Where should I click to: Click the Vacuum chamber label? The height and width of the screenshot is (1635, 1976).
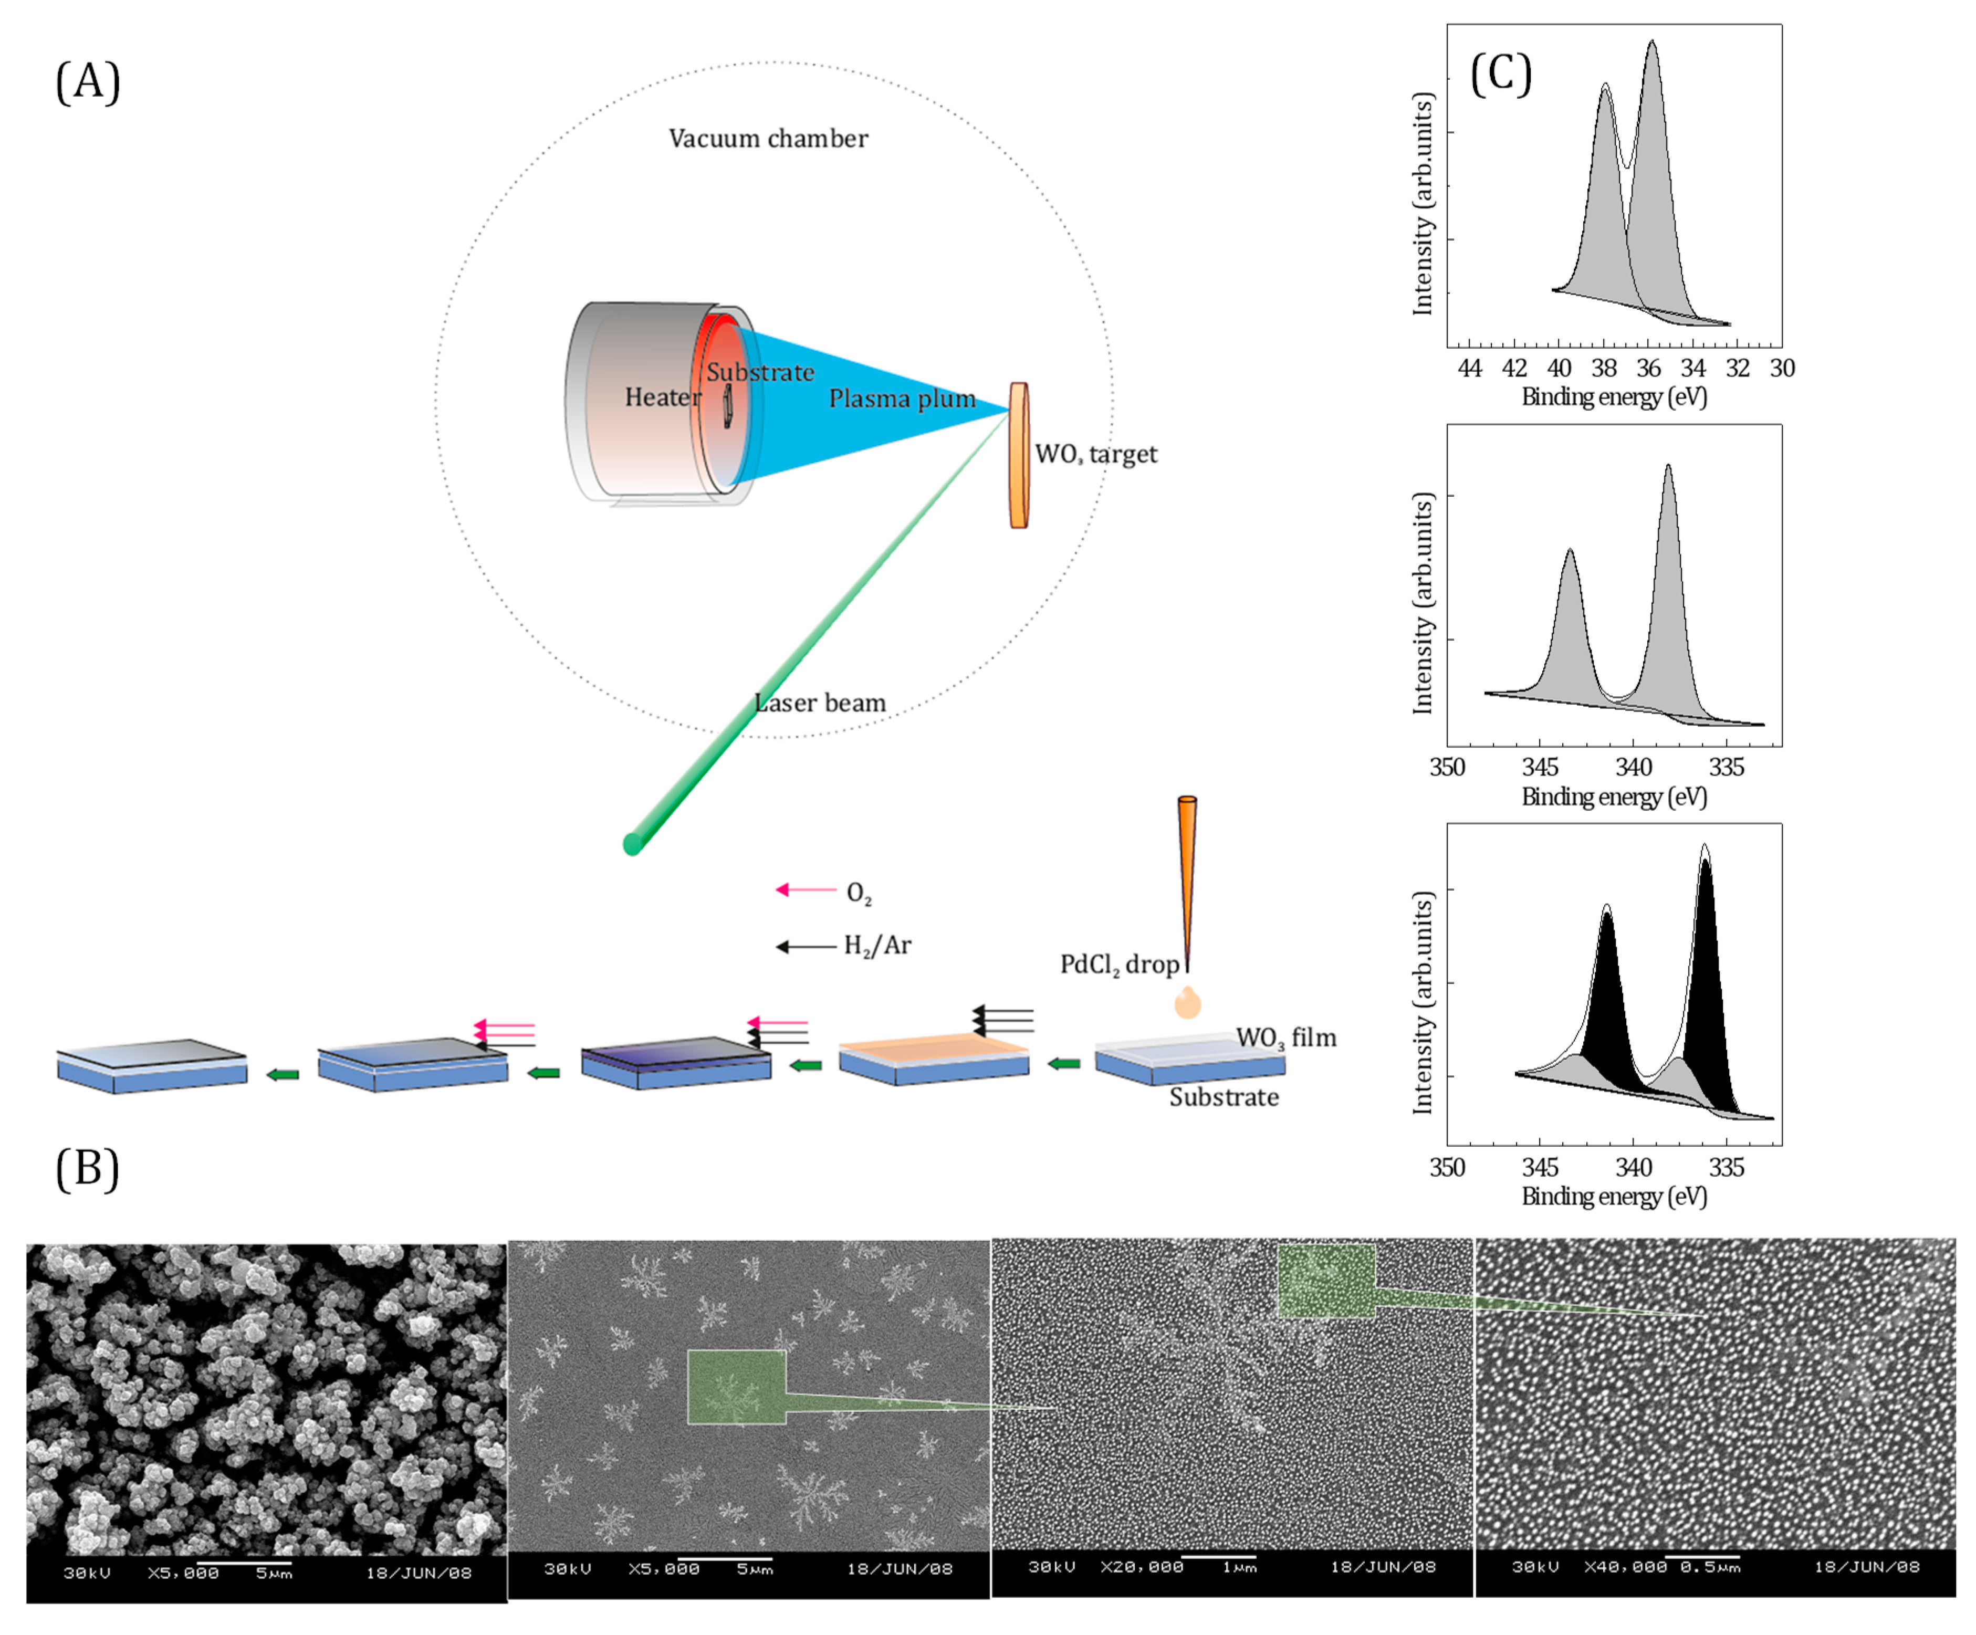click(768, 138)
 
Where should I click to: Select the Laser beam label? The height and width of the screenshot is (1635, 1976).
click(820, 703)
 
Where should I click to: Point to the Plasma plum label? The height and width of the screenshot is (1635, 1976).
click(902, 399)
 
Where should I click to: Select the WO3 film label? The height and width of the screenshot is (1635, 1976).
click(1285, 1037)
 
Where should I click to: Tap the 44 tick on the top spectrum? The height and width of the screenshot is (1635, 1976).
click(1470, 369)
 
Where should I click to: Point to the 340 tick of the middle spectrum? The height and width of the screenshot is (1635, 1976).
click(1634, 768)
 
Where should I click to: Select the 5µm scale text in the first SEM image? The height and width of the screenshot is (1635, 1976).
click(274, 1573)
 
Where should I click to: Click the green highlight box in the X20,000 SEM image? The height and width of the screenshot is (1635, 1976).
click(1326, 1281)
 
